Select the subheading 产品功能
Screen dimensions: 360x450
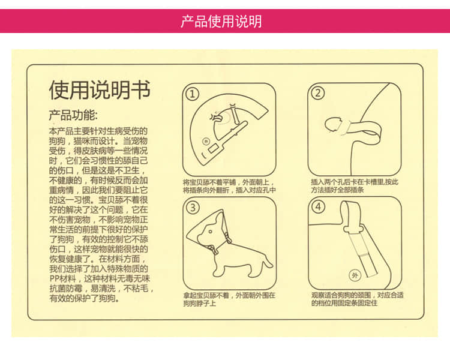[x=73, y=115]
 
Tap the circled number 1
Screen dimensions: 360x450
[x=192, y=94]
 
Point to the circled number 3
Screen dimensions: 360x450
[x=192, y=208]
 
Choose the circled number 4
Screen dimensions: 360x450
[x=318, y=207]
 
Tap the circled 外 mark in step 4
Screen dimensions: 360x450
[x=355, y=275]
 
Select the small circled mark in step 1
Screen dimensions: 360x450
[x=206, y=142]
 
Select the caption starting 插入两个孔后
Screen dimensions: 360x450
[x=354, y=186]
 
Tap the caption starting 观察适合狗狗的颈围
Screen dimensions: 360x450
[x=356, y=299]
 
